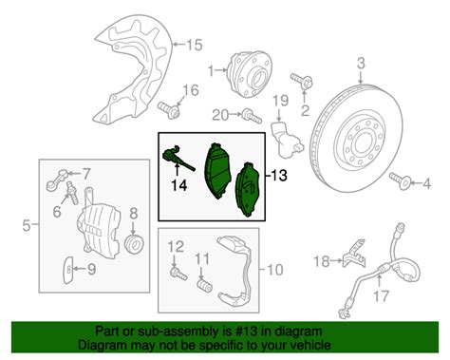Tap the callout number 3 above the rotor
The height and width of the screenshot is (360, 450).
(361, 64)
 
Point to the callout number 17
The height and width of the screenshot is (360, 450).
(380, 297)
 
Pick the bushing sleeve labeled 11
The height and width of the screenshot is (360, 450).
(201, 283)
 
